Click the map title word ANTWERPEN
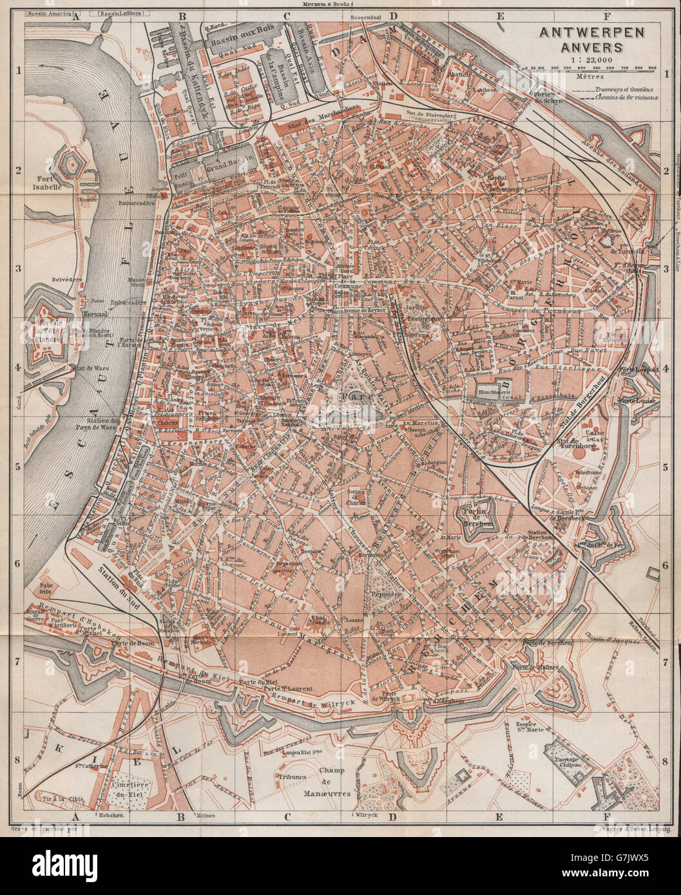(x=577, y=32)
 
